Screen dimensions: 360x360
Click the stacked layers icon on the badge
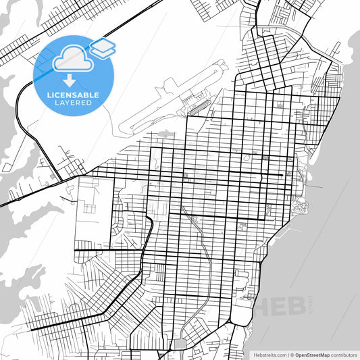102,47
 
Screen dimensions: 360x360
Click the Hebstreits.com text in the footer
269,355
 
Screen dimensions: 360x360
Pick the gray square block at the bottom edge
179,345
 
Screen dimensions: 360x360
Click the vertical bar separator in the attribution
288,355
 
